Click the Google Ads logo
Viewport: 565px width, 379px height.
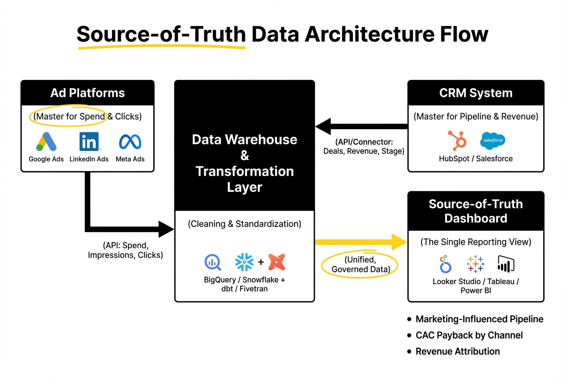[x=46, y=142]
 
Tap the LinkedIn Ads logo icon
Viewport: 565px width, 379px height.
[x=89, y=142]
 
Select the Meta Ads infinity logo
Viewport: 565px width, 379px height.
[x=130, y=142]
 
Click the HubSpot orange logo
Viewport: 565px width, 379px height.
[x=457, y=140]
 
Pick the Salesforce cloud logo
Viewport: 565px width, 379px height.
[x=492, y=140]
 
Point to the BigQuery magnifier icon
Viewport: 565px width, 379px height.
[x=213, y=262]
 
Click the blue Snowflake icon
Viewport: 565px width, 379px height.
[x=244, y=262]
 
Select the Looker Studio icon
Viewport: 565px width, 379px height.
[x=445, y=264]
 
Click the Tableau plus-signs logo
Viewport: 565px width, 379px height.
[x=475, y=264]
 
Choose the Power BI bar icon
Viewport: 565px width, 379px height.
[x=506, y=264]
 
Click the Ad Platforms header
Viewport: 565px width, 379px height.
[x=88, y=93]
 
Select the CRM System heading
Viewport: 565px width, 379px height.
[x=476, y=93]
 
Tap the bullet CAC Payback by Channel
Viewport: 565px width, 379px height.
[x=469, y=335]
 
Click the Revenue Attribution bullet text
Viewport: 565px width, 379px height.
[x=457, y=351]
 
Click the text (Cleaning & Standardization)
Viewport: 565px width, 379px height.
[x=245, y=223]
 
